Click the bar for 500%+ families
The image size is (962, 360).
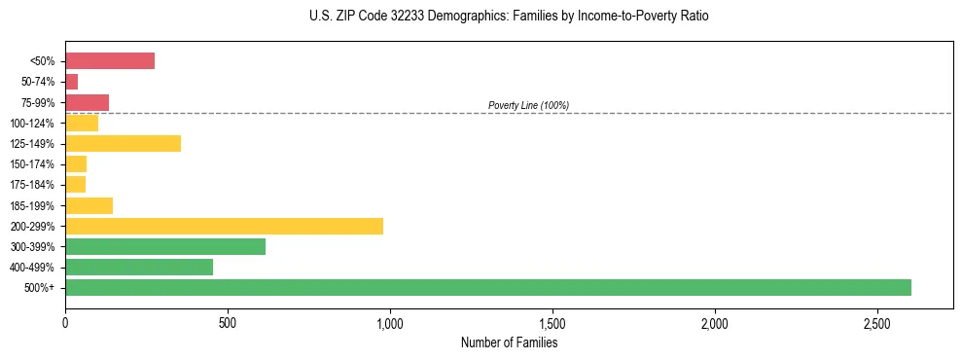click(x=488, y=287)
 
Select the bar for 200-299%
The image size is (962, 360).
click(x=224, y=226)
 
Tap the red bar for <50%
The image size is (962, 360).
click(x=110, y=60)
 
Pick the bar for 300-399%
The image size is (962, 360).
click(x=165, y=246)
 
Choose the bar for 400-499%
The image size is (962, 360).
click(x=139, y=267)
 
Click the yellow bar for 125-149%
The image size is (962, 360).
click(x=123, y=143)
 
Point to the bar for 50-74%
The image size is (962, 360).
click(x=72, y=82)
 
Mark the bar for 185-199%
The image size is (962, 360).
click(x=89, y=205)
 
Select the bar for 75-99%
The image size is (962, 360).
click(x=87, y=102)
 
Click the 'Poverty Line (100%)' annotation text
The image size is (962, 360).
click(x=528, y=105)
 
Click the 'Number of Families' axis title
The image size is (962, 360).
click(x=509, y=342)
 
